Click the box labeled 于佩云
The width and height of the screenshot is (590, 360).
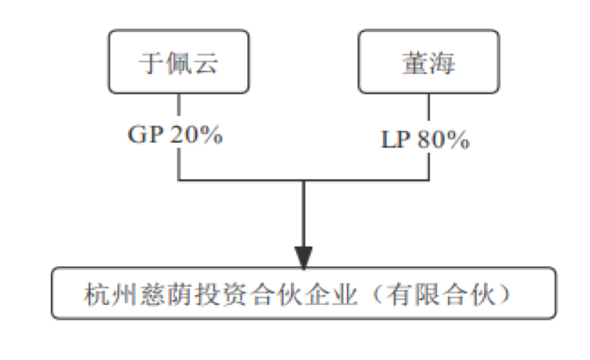point(180,62)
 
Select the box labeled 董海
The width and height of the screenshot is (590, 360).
point(429,62)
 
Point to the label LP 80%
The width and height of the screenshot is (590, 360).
point(426,140)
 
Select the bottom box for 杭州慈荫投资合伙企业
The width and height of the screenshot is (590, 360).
point(303,293)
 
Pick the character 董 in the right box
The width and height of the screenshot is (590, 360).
point(413,63)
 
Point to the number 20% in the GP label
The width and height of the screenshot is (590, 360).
point(196,135)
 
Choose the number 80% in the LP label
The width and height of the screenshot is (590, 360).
point(447,140)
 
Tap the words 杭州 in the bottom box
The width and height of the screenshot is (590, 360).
point(109,293)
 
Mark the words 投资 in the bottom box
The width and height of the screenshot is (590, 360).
point(228,293)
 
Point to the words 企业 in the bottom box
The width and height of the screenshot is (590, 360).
point(345,293)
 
